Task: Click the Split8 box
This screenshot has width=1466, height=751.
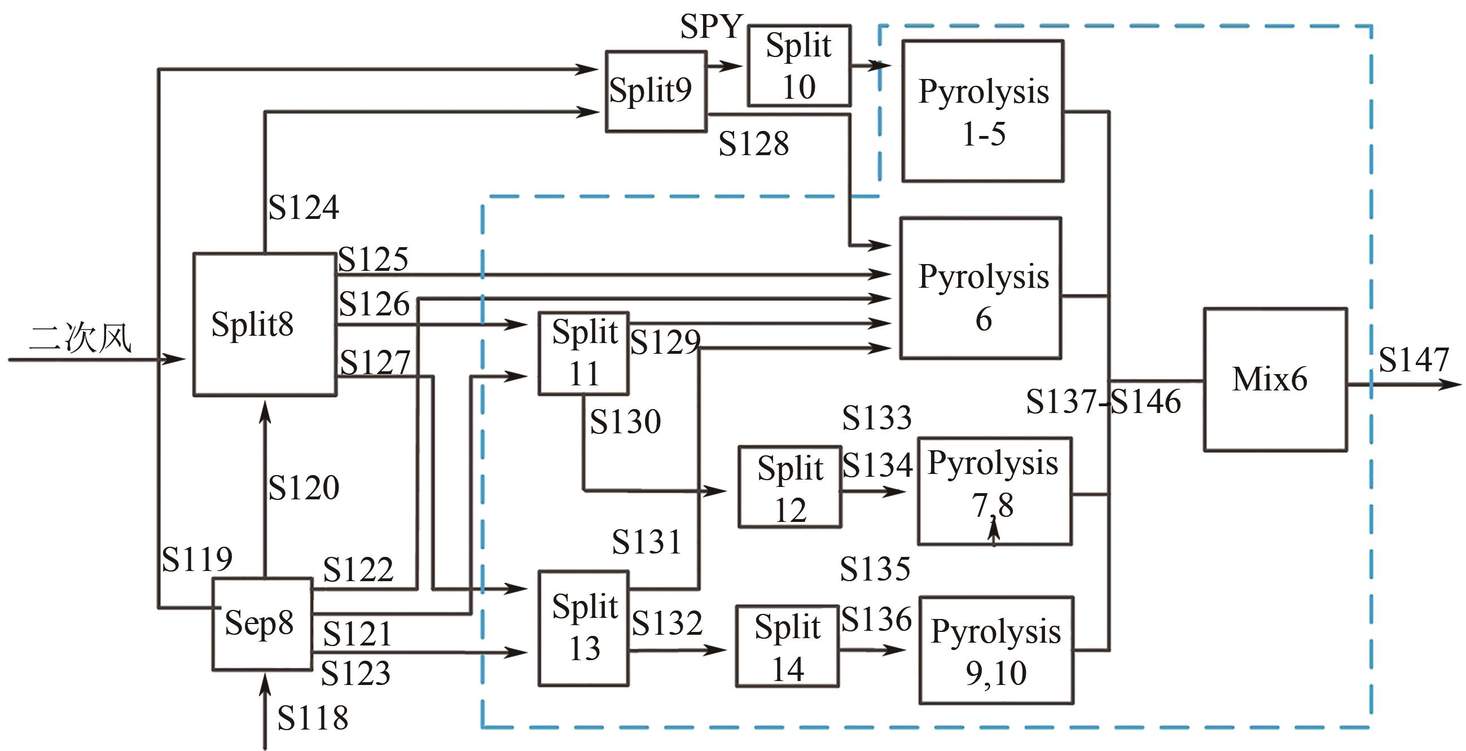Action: click(265, 324)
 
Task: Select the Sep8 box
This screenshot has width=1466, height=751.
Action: click(262, 623)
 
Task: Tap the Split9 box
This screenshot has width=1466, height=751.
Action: click(656, 91)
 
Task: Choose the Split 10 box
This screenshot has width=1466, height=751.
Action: click(799, 65)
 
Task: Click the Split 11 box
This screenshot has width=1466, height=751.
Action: click(583, 353)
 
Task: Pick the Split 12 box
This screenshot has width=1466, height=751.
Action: click(790, 487)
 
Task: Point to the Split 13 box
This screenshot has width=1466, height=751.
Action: click(583, 627)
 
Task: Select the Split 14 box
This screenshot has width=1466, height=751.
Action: click(787, 645)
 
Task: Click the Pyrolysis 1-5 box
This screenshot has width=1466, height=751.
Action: click(983, 111)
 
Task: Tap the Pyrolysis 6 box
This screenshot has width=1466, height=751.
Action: click(981, 288)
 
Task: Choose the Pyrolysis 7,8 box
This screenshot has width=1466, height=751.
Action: click(995, 491)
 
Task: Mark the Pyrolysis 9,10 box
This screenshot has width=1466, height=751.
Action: click(996, 650)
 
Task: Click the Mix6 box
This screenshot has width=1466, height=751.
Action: click(1275, 380)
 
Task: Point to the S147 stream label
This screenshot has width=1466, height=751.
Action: click(1414, 359)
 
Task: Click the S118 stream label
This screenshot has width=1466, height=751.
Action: click(313, 718)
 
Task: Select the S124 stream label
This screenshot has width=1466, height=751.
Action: click(304, 207)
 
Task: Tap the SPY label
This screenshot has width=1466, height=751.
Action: click(712, 26)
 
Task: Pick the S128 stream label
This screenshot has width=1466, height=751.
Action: click(753, 143)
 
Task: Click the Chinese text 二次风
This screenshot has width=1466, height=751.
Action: click(80, 338)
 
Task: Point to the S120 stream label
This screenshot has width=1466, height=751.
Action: click(304, 488)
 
